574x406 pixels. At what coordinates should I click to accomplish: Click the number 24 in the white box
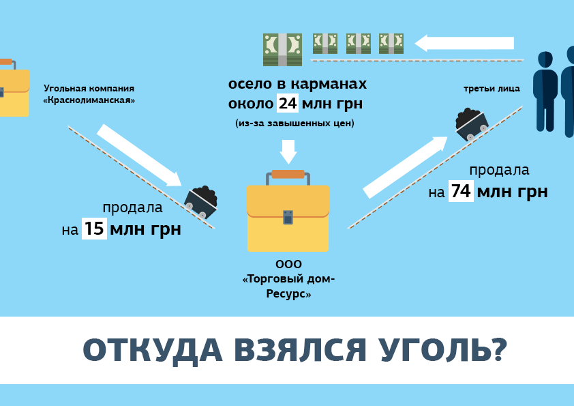tap(288, 104)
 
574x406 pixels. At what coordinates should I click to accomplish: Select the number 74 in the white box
tap(461, 192)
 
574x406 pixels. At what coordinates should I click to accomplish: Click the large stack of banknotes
tap(282, 49)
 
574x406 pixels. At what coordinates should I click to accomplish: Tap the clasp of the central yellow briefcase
tap(288, 217)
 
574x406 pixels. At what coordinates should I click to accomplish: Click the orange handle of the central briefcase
tap(288, 174)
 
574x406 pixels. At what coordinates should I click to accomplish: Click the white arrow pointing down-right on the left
tap(139, 156)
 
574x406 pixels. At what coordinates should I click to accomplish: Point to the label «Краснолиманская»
tap(89, 100)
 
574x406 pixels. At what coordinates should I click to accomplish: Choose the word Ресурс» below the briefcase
tap(288, 295)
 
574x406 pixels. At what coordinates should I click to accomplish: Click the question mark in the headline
tap(498, 350)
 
